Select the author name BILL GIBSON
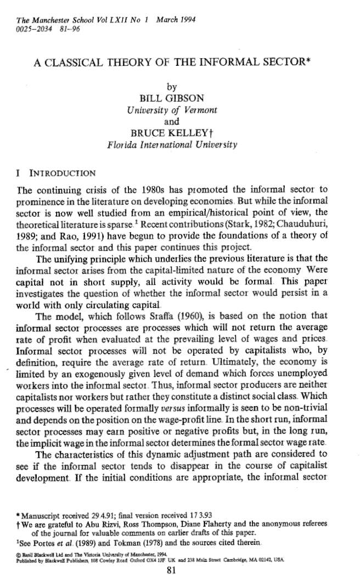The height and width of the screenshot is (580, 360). tap(172, 99)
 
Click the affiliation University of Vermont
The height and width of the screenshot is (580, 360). tap(172, 110)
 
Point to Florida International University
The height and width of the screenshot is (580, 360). tap(172, 145)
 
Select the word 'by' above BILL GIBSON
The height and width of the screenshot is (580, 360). tap(172, 87)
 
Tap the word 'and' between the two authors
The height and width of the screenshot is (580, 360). tap(172, 122)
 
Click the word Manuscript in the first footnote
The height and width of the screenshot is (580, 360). tap(41, 515)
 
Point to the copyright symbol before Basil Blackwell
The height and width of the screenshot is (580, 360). tap(18, 551)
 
